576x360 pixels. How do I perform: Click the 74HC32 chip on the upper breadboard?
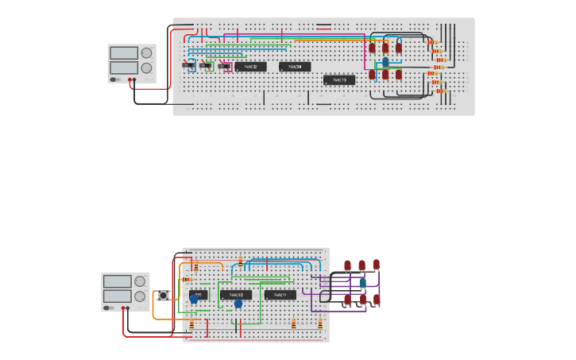coord(251,67)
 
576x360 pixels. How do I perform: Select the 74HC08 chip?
coord(295,67)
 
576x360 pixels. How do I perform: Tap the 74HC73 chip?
coord(339,79)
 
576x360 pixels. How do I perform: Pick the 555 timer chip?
coord(198,295)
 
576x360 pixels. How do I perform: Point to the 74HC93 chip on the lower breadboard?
coord(236,295)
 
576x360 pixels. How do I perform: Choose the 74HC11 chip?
coord(280,295)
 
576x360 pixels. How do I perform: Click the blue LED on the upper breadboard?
coord(385,61)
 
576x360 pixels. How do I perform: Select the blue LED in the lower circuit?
coord(362,282)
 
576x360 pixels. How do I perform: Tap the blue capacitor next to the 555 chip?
coord(194,300)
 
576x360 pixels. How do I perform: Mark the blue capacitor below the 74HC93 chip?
coord(238,304)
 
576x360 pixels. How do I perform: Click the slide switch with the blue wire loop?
coord(189,65)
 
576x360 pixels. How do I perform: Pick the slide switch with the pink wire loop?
coord(225,66)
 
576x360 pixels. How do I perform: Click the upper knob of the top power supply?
coord(146,53)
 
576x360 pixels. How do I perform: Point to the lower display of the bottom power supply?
coord(117,296)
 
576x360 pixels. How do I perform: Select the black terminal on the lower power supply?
coord(127,308)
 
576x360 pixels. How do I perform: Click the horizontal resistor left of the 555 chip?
coord(187,279)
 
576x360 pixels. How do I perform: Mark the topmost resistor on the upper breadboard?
coord(433,42)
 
